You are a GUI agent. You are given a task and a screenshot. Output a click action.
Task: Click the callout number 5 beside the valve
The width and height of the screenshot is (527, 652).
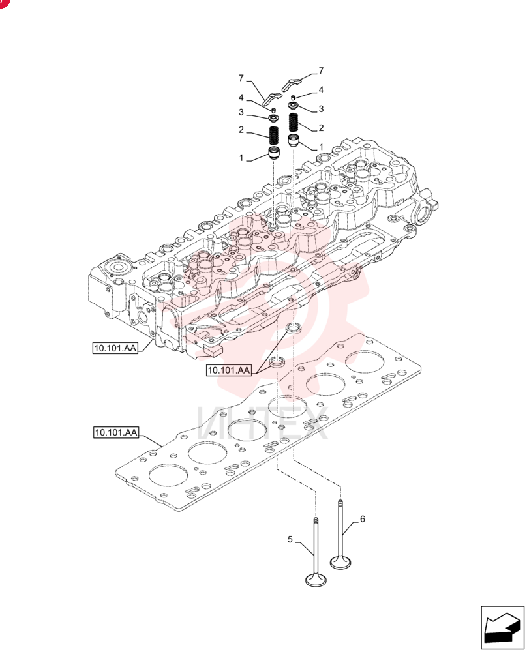[x=290, y=540]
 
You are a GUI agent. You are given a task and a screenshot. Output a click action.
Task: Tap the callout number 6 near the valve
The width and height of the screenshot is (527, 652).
[x=362, y=519]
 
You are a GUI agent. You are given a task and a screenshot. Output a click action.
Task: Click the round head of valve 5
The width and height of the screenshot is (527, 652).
[x=316, y=580]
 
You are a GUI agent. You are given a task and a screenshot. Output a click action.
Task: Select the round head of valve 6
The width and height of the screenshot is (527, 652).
[x=340, y=563]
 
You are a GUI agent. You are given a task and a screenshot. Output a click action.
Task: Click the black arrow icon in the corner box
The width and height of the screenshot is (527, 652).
[x=502, y=628]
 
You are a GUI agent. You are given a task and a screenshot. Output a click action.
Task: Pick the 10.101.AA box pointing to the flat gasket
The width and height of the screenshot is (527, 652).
[x=116, y=432]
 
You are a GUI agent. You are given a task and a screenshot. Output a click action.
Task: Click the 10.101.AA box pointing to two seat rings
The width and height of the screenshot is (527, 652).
[x=229, y=370]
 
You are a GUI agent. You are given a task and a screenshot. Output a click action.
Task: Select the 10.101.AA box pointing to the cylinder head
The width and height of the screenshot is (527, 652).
[x=115, y=348]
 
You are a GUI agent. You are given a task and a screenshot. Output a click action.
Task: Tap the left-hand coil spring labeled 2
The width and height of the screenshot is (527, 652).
[x=274, y=136]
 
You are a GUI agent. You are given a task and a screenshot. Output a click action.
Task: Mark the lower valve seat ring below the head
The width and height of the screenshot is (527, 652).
[x=277, y=362]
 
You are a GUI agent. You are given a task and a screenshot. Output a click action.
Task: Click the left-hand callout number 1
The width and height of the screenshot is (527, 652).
[x=241, y=158]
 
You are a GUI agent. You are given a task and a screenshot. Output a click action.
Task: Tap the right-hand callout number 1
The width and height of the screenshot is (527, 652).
[x=321, y=147]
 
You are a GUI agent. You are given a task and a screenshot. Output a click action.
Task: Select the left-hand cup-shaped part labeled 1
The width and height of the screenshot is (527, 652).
[x=274, y=153]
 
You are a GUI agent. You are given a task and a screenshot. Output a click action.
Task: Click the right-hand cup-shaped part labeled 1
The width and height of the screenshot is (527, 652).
[x=294, y=140]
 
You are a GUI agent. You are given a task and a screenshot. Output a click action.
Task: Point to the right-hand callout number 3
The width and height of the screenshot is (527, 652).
[x=321, y=109]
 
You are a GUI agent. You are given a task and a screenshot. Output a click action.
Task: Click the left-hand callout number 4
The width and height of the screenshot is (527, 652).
[x=241, y=98]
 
